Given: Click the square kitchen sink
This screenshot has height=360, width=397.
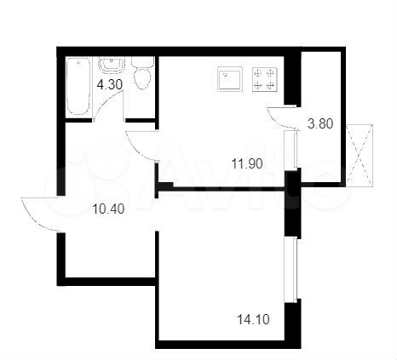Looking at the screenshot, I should (x=229, y=79).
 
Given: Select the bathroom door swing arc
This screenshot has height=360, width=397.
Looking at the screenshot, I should (x=106, y=106).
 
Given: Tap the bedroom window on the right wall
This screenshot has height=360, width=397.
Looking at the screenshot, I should (x=293, y=268).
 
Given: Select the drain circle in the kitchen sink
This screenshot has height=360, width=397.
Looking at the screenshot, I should (x=229, y=79).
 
